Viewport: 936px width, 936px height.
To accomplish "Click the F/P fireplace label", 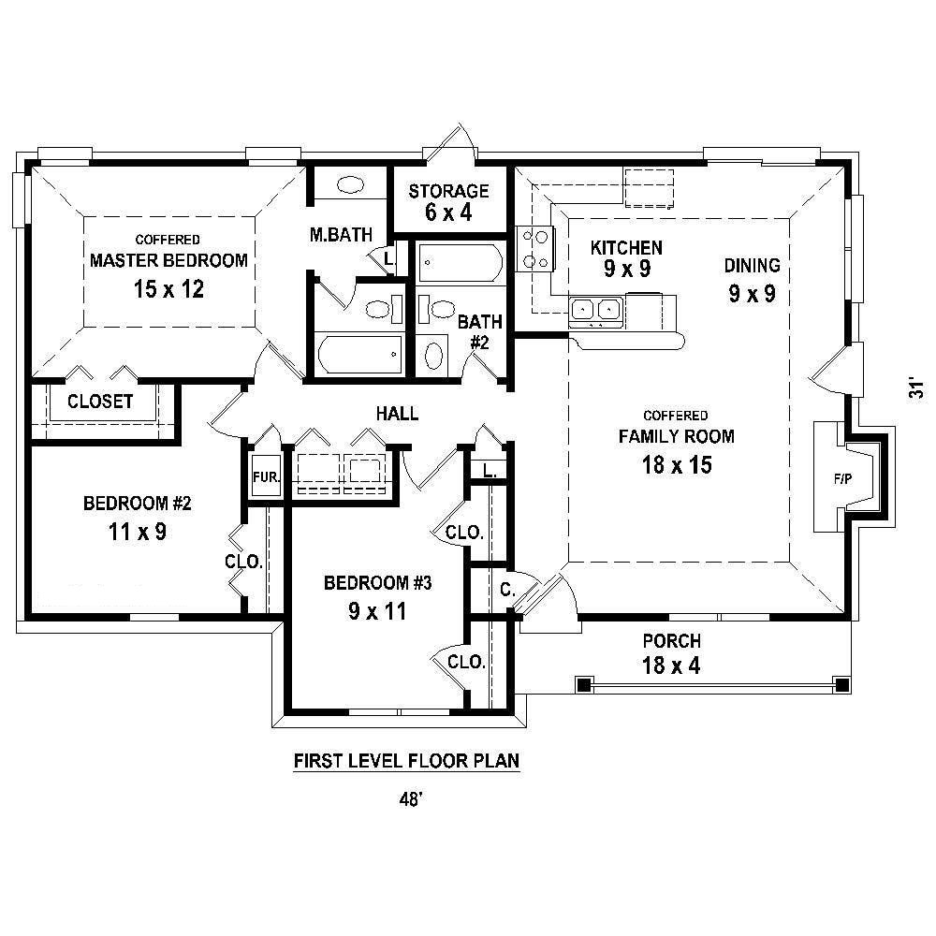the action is (x=842, y=478).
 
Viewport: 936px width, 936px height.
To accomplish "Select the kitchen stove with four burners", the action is (x=534, y=249).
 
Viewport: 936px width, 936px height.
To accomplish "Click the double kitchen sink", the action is (x=595, y=310).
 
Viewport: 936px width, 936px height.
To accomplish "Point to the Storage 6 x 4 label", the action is (x=448, y=201).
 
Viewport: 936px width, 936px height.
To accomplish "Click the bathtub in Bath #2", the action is (x=460, y=262).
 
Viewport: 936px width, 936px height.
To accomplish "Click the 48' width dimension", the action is (x=411, y=798).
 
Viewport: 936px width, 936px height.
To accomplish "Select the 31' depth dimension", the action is (x=915, y=388).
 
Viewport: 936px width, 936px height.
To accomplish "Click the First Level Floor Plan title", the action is (x=406, y=761).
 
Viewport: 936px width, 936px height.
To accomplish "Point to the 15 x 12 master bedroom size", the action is (x=168, y=289).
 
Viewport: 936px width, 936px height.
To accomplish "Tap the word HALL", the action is (x=397, y=413).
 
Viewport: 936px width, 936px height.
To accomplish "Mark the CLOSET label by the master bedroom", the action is (x=100, y=402).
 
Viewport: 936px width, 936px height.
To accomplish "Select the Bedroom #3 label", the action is (x=377, y=582).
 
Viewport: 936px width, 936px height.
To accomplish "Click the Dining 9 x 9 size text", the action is (x=753, y=294).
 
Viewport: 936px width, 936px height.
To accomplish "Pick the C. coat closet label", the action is (x=507, y=590).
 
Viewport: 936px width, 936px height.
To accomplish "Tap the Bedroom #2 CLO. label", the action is (x=243, y=562).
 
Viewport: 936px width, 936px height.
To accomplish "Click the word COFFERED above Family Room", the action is (x=676, y=416).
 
